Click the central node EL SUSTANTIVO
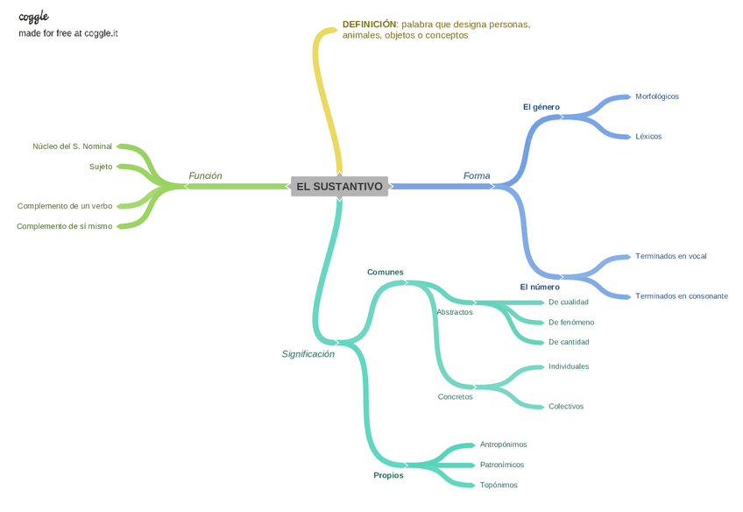click(x=339, y=187)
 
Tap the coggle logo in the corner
click(x=33, y=17)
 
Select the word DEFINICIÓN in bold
click(x=369, y=25)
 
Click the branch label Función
click(x=205, y=176)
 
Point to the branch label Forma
click(x=477, y=176)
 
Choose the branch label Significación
click(x=308, y=354)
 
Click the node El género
click(x=541, y=107)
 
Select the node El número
click(x=539, y=287)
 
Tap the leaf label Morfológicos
click(x=656, y=96)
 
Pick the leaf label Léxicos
click(x=648, y=137)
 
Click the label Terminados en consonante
click(x=681, y=296)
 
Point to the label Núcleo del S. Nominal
click(x=72, y=146)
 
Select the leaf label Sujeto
click(x=101, y=167)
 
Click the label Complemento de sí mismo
click(x=64, y=226)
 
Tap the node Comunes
click(x=386, y=272)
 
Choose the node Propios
click(x=388, y=475)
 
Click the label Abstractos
click(x=454, y=312)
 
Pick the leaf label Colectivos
click(x=565, y=407)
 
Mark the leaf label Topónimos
click(x=498, y=485)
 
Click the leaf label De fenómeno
click(x=570, y=323)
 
